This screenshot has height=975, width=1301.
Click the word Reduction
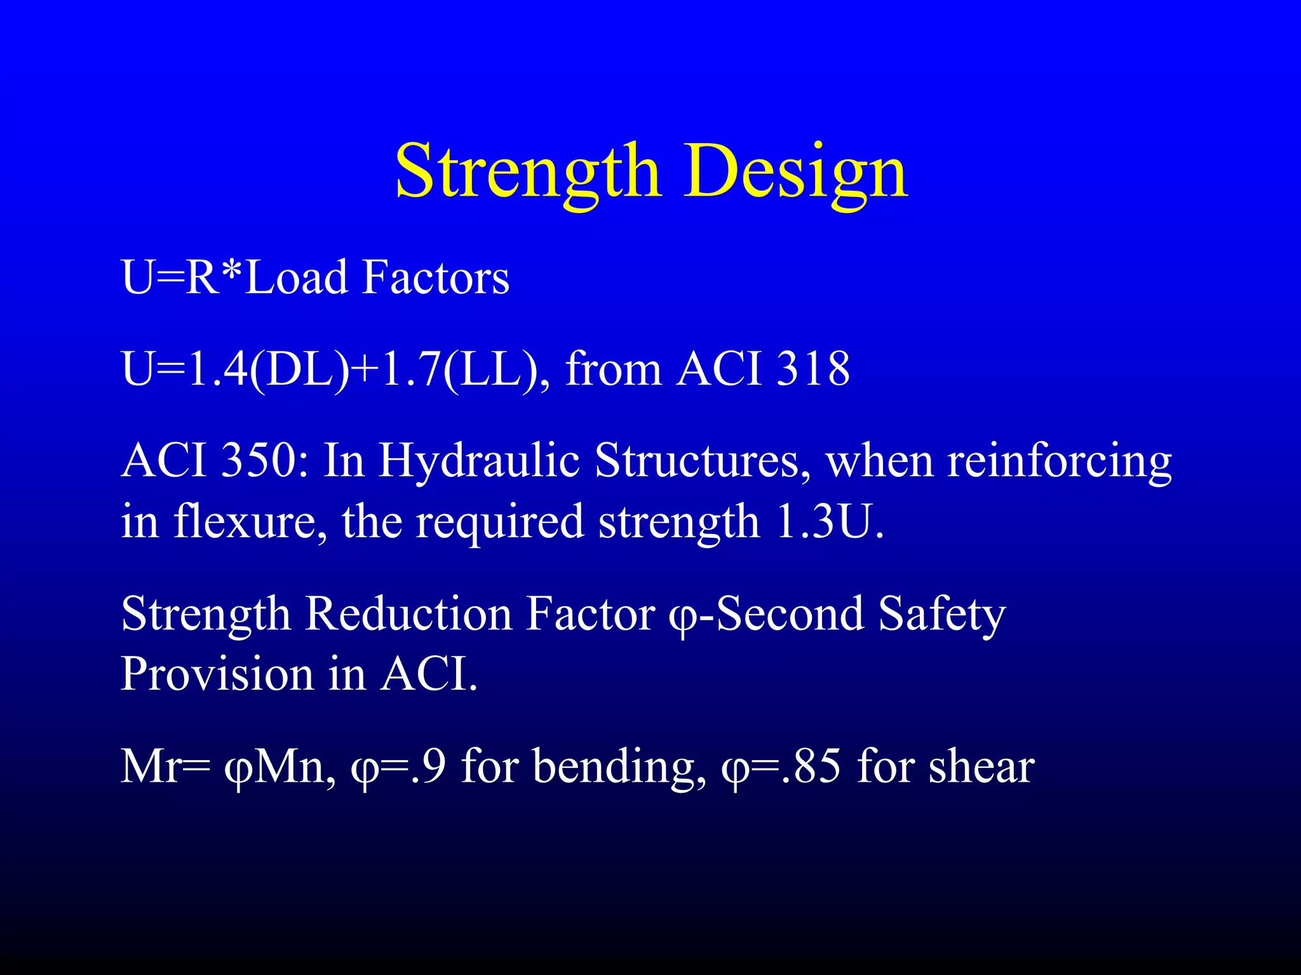click(408, 613)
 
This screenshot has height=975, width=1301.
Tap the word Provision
click(217, 674)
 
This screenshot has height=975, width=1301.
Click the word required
click(499, 521)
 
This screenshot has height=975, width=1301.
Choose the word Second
click(790, 613)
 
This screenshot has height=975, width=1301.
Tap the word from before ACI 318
click(613, 369)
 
